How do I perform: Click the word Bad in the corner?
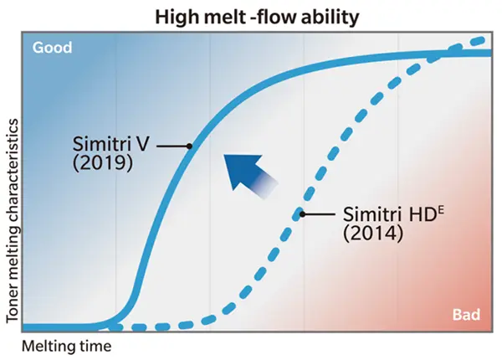(x=466, y=315)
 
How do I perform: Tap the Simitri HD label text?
(x=378, y=213)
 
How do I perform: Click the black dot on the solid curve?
(x=189, y=145)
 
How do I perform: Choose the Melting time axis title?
(x=66, y=344)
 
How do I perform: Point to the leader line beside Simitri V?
(x=173, y=145)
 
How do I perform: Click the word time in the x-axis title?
(x=95, y=344)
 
